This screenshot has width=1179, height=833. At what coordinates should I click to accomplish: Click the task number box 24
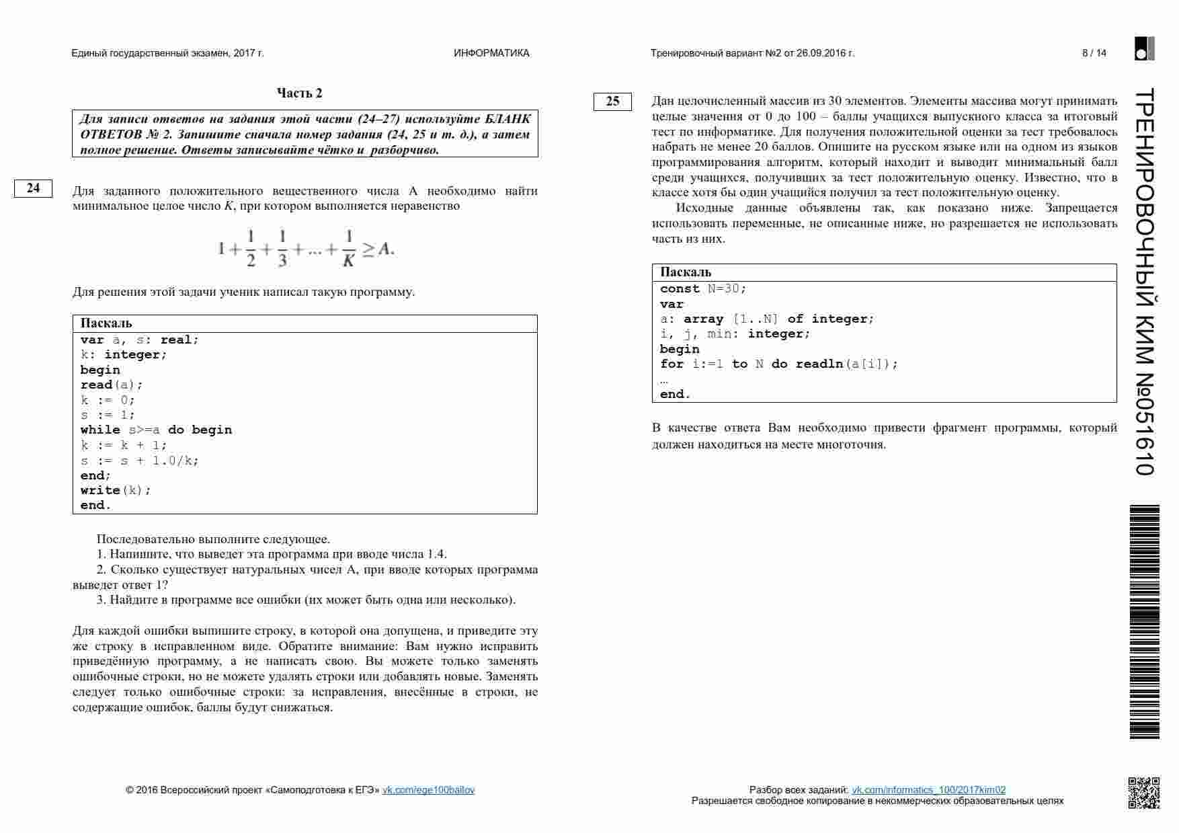[x=33, y=188]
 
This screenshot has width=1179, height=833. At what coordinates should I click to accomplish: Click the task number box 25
[x=612, y=102]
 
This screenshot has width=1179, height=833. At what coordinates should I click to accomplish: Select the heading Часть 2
[x=299, y=93]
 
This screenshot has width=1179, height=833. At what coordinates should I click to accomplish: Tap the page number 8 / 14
[x=1094, y=53]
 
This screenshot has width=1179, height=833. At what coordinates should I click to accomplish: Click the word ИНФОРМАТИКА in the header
[x=491, y=53]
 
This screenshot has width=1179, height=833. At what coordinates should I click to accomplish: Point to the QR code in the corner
[x=1143, y=793]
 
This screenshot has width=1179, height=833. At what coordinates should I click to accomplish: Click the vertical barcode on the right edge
[x=1143, y=622]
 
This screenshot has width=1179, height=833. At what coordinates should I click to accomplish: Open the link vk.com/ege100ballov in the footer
[x=428, y=790]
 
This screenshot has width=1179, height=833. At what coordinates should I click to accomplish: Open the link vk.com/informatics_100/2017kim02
[x=928, y=790]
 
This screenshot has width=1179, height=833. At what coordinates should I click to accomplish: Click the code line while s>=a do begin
[x=156, y=430]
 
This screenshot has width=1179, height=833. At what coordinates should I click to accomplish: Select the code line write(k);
[x=116, y=490]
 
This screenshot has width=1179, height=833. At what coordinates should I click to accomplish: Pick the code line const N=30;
[x=703, y=288]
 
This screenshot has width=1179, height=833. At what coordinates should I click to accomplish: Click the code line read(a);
[x=112, y=385]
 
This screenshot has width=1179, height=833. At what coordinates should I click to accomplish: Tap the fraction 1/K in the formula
[x=348, y=249]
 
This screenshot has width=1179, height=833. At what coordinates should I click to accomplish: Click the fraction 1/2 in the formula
[x=251, y=249]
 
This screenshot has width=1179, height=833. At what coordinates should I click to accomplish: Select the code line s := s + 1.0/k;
[x=140, y=461]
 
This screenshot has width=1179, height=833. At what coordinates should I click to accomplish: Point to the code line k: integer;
[x=124, y=354]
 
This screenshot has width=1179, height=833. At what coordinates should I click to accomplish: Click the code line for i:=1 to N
[x=779, y=364]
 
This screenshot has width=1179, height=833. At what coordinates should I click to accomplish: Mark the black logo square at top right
[x=1144, y=49]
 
